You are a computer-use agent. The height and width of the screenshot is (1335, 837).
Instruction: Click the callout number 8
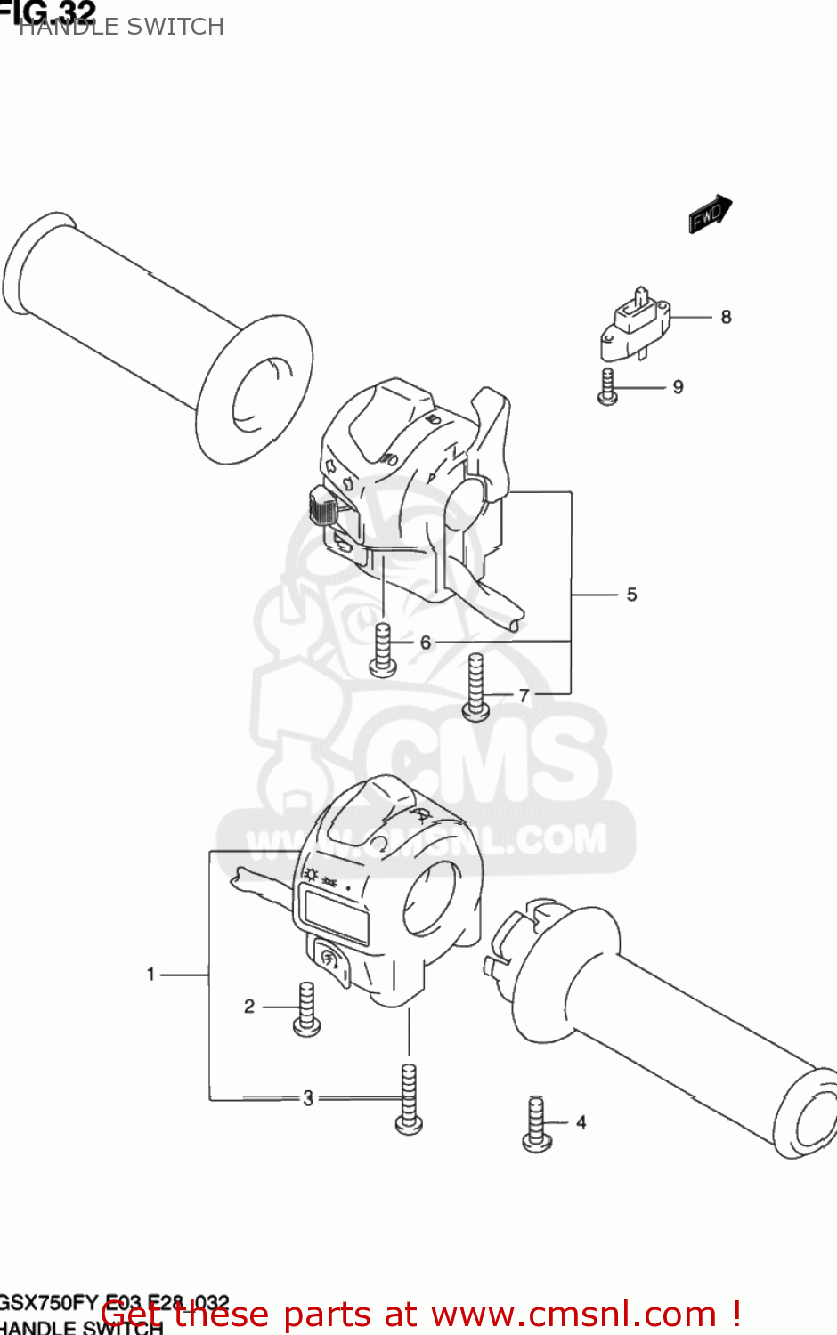[x=726, y=317]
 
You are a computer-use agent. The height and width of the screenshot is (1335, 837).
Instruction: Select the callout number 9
[x=679, y=387]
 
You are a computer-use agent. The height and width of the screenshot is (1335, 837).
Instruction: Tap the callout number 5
[x=631, y=595]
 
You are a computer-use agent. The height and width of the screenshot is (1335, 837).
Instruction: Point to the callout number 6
[x=426, y=642]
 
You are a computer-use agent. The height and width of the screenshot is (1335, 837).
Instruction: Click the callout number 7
[x=524, y=695]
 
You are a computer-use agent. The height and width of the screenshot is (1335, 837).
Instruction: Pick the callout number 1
[x=151, y=975]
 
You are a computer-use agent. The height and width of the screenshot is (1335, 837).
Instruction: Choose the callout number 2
[x=249, y=1006]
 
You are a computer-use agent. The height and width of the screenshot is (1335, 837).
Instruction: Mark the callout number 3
[x=308, y=1098]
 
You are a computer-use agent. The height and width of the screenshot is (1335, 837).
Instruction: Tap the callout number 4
[x=581, y=1122]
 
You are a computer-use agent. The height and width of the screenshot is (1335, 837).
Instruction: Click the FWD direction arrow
[x=710, y=214]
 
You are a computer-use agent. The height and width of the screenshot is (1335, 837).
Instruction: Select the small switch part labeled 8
[x=636, y=321]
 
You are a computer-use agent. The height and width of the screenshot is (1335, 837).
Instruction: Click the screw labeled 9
[x=608, y=387]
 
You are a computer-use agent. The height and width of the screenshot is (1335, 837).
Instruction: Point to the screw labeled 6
[x=383, y=650]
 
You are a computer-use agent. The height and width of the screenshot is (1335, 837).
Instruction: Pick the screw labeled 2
[x=306, y=1009]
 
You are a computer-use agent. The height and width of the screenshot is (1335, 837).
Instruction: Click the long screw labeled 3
[x=409, y=1099]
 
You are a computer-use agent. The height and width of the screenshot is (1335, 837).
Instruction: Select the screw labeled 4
[x=537, y=1124]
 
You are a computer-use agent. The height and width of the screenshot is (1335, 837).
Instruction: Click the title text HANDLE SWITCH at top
[x=121, y=27]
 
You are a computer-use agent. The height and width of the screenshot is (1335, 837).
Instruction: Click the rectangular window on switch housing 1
[x=336, y=915]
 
